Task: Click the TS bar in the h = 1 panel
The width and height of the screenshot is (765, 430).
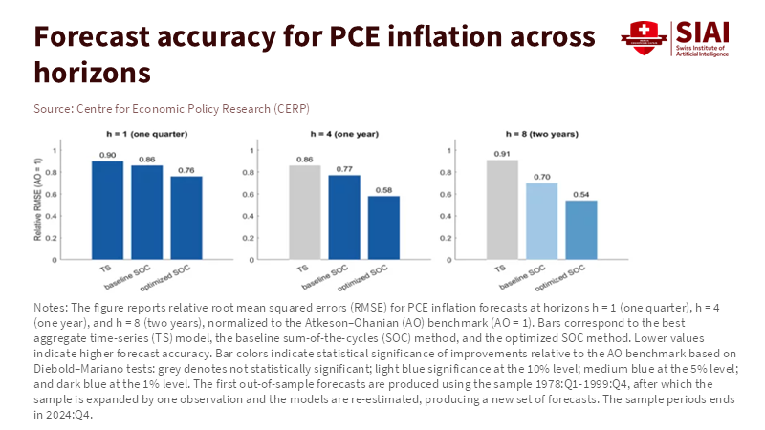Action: (x=108, y=210)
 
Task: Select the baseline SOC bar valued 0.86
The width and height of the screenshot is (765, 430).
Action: (x=147, y=212)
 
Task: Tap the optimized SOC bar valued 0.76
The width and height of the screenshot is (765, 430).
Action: (x=186, y=218)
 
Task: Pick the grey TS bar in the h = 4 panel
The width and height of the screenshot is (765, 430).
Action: (x=305, y=212)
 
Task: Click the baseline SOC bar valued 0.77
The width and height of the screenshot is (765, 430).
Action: (x=344, y=217)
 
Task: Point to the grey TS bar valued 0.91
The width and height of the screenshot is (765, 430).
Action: (x=502, y=209)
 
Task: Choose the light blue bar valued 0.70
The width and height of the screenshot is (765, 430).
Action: (x=541, y=221)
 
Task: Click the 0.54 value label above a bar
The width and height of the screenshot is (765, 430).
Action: (x=580, y=194)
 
